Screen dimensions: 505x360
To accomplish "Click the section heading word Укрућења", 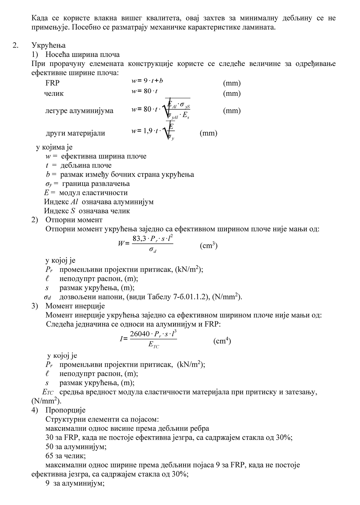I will [49, 45].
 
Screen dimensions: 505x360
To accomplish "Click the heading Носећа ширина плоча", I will [82, 54].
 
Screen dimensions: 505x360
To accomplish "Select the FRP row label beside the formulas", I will [53, 83].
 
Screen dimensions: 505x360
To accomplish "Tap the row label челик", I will [54, 93].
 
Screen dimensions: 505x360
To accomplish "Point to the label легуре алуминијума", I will [79, 111].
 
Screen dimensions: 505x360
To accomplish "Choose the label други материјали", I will [75, 133].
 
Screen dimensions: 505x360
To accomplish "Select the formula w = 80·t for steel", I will [145, 91].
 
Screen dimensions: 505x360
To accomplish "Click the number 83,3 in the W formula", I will [139, 239].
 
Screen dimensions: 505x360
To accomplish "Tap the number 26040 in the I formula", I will [140, 334].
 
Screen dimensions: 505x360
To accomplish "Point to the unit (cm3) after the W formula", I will [209, 246].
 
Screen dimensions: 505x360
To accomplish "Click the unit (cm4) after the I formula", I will [222, 341].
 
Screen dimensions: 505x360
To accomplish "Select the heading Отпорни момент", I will [74, 220].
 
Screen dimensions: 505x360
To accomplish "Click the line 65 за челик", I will [66, 456].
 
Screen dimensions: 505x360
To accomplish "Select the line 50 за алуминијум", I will [76, 447].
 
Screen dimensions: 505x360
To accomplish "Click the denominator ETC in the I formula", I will [154, 345].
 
